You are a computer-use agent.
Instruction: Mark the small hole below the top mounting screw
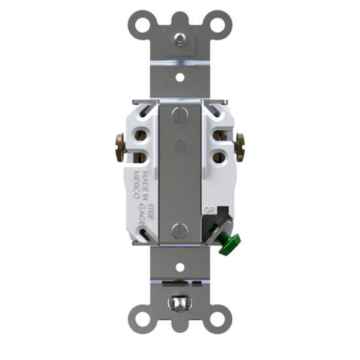coord(180,75)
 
